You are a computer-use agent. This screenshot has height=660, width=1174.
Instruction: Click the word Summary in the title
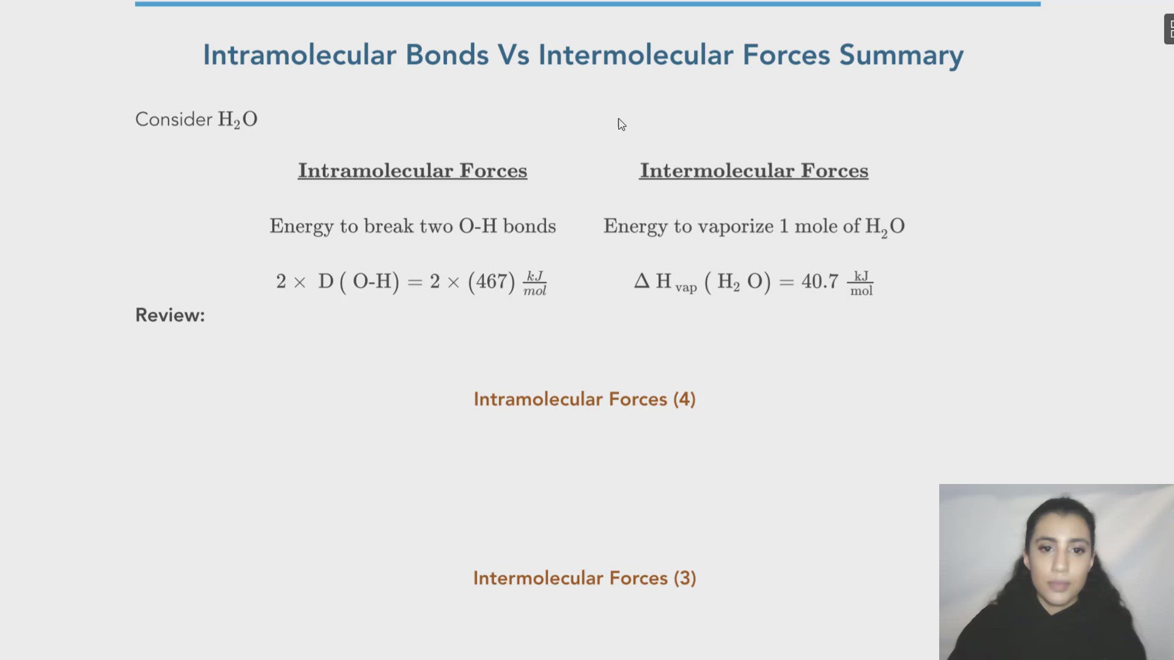click(x=901, y=55)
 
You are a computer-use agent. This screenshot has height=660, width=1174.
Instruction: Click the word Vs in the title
click(x=513, y=55)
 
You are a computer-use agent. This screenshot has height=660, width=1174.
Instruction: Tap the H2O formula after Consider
click(x=237, y=119)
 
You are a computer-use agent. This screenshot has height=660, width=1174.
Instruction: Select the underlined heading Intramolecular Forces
click(x=412, y=170)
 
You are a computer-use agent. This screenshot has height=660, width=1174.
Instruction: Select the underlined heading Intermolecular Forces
click(x=753, y=170)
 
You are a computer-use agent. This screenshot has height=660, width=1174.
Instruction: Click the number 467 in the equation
click(x=492, y=282)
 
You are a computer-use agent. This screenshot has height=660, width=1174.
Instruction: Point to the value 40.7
click(x=819, y=282)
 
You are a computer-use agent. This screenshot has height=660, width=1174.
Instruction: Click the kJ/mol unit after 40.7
click(x=861, y=284)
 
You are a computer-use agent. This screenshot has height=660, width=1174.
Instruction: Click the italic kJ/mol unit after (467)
click(x=534, y=284)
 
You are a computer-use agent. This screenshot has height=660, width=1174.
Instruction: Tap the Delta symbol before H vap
click(x=641, y=281)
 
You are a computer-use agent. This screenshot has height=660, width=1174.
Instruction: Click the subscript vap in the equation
click(x=686, y=287)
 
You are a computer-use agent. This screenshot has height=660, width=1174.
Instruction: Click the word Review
click(x=169, y=315)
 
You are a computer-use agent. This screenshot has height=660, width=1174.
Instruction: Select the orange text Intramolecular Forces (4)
click(x=584, y=400)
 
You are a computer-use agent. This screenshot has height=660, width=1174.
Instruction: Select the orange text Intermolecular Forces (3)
click(x=584, y=578)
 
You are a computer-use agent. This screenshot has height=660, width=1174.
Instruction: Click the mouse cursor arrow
click(x=621, y=124)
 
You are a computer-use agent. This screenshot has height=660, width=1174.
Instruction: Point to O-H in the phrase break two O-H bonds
click(x=478, y=226)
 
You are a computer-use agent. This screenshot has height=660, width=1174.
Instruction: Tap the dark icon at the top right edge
click(x=1168, y=29)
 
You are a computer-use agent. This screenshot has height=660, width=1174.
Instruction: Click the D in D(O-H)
click(x=325, y=282)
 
